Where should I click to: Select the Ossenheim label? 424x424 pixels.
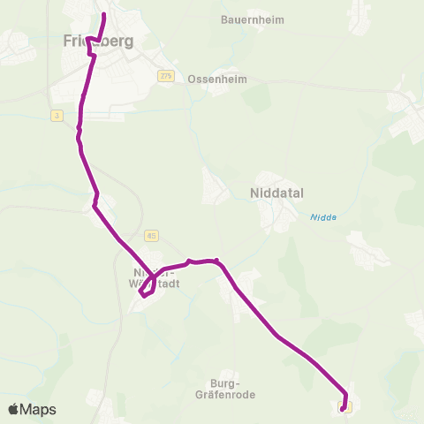click(x=217, y=79)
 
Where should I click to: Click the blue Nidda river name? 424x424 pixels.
click(x=322, y=217)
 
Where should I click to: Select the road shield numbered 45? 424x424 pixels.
click(x=152, y=235)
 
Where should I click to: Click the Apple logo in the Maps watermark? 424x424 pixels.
click(x=14, y=409)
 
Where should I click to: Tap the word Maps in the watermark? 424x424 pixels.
click(x=39, y=409)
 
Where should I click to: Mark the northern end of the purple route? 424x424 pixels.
click(x=104, y=15)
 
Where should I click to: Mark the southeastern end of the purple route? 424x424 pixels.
click(x=343, y=409)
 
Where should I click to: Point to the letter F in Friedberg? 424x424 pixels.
click(x=68, y=41)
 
